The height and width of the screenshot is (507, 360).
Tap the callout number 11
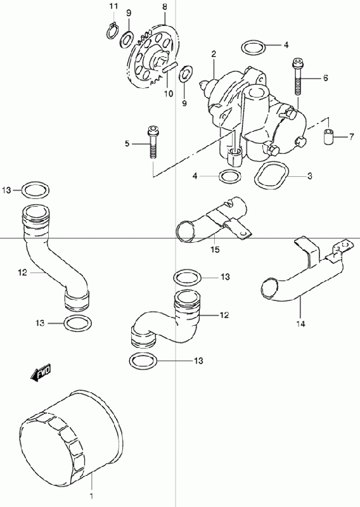point(113,6)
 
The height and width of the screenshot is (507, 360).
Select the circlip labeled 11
point(112,31)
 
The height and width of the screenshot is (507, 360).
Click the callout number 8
point(165,6)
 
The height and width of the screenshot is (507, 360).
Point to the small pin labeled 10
point(170,67)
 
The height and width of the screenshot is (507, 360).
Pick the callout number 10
point(169,94)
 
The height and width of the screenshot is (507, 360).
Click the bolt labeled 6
point(297,76)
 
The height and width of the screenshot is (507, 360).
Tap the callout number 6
point(325,77)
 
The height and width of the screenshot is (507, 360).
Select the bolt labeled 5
point(152,141)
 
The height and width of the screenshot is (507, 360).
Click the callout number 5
point(127,143)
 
